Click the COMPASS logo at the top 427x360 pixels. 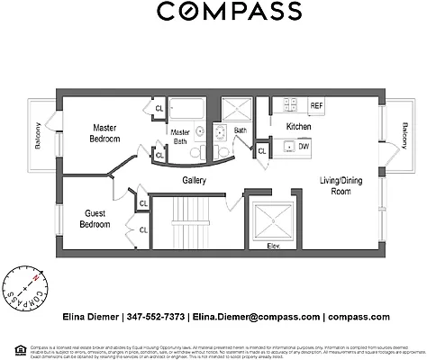(229, 12)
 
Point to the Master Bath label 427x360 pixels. (180, 137)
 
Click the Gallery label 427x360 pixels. (195, 180)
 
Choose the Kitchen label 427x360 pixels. (298, 127)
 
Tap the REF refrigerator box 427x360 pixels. (316, 106)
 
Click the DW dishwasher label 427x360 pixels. (304, 146)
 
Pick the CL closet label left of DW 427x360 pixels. (262, 151)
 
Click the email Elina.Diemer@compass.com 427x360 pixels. (256, 317)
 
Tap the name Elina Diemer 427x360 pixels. (93, 317)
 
